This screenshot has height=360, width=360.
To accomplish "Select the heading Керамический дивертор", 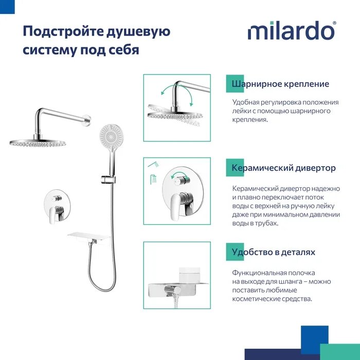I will coord(283,168).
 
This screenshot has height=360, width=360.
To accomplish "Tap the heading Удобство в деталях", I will coord(273,252).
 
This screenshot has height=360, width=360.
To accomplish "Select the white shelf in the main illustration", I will coord(89,238).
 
